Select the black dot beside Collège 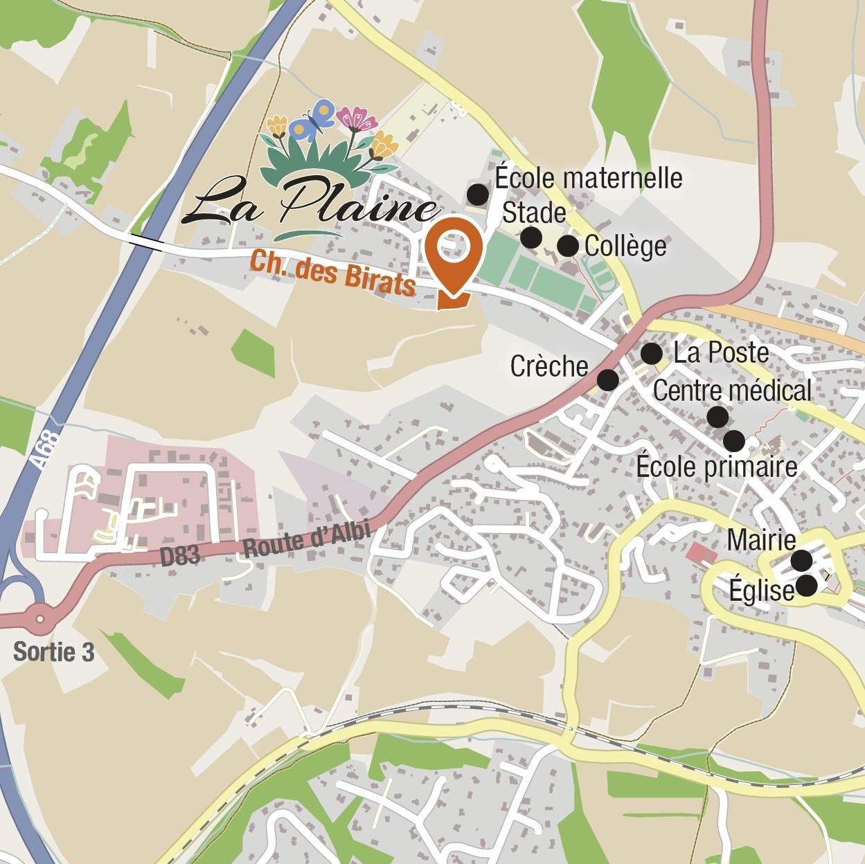click(x=567, y=245)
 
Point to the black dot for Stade click(x=530, y=237)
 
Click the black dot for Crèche click(x=607, y=379)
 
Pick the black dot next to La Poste click(x=651, y=354)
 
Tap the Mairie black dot click(x=801, y=559)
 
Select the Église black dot click(x=806, y=586)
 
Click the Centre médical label click(x=732, y=390)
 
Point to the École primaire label click(x=717, y=467)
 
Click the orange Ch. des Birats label click(x=332, y=275)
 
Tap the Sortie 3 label click(x=53, y=652)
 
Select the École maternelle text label click(x=589, y=178)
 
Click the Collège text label click(x=625, y=246)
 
